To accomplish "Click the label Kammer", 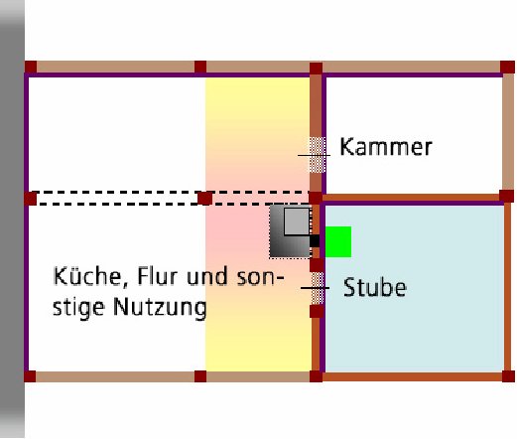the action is (x=386, y=147).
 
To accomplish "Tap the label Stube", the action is (x=375, y=287).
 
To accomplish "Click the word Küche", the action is (x=87, y=276).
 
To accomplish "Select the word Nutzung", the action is (x=160, y=308).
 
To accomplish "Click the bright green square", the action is (x=338, y=241).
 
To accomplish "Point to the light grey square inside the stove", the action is (x=297, y=221).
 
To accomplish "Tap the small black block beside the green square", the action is (x=315, y=241).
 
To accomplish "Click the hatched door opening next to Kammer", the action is (x=318, y=155).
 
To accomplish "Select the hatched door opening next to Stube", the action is (x=318, y=288).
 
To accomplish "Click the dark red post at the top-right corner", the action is (x=507, y=68).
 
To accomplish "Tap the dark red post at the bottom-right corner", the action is (x=508, y=376).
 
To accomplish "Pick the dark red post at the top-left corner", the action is (x=31, y=68).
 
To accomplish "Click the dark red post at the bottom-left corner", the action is (x=30, y=376).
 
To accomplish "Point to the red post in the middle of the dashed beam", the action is (x=204, y=199).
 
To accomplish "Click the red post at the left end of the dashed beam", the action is (x=31, y=199).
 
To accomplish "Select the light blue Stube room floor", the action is (x=415, y=288).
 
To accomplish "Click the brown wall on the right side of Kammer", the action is (x=508, y=132).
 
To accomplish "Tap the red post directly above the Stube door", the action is (x=317, y=265).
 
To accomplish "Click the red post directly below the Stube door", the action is (x=317, y=311).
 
